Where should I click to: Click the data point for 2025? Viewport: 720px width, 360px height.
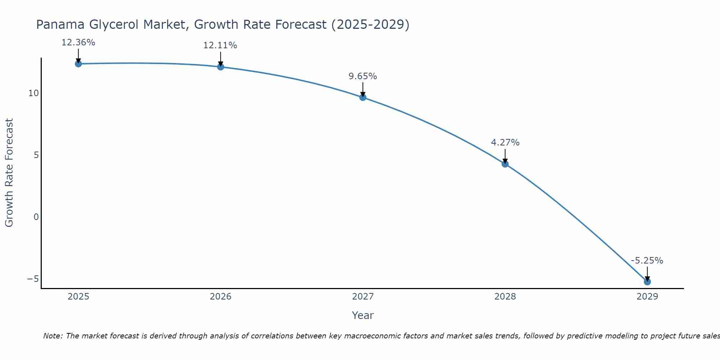(x=78, y=64)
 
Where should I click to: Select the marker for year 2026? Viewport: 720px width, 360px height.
(x=221, y=67)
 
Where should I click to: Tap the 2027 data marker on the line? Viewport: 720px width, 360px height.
(x=363, y=97)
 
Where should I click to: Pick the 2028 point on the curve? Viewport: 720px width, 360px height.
(x=505, y=164)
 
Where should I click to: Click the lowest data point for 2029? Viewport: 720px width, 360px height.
(x=647, y=282)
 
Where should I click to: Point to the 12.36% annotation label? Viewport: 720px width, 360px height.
(x=78, y=42)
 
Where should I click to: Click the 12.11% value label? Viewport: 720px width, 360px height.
(x=220, y=45)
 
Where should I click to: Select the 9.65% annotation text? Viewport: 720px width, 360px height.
(x=363, y=76)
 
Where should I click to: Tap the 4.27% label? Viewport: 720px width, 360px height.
(x=505, y=143)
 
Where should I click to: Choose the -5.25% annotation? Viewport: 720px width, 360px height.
(x=647, y=261)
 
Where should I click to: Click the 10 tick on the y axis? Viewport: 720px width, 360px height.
(x=33, y=93)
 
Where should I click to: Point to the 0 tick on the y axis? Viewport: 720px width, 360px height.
(x=36, y=217)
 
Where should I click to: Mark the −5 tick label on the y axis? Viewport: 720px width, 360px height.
(x=33, y=279)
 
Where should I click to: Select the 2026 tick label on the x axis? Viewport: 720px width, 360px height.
(x=221, y=297)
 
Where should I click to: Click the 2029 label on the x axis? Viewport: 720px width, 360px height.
(x=647, y=297)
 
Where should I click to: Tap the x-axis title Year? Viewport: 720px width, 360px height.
(x=363, y=315)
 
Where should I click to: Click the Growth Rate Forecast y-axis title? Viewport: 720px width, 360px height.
(x=9, y=172)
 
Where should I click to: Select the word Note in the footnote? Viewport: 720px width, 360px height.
(x=53, y=336)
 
